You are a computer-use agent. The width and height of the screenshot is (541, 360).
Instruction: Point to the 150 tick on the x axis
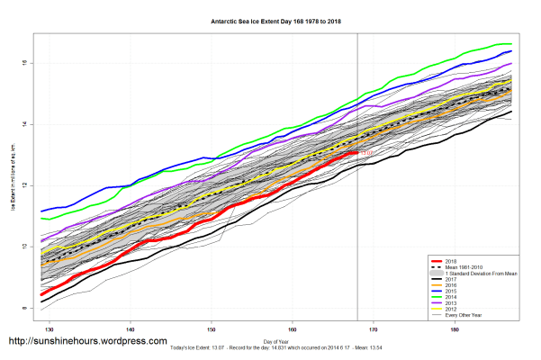click(212, 330)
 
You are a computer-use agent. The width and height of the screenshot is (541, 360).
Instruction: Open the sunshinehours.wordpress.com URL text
click(87, 341)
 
